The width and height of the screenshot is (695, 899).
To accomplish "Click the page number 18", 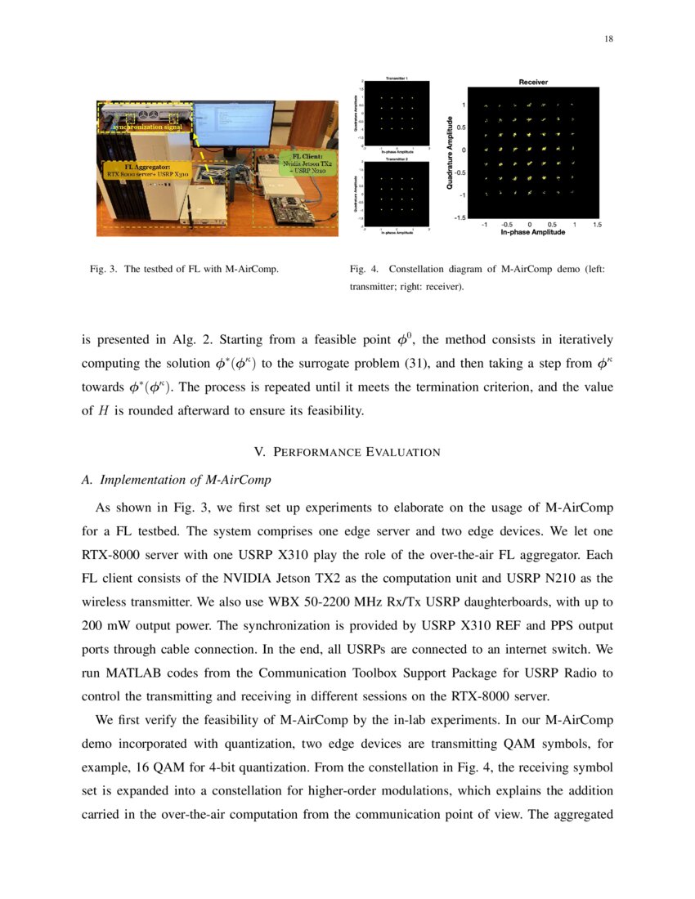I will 608,38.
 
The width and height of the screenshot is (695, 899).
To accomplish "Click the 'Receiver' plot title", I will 533,83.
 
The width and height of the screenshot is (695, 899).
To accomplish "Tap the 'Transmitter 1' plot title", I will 397,78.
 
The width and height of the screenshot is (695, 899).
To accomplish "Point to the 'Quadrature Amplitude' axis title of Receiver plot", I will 450,153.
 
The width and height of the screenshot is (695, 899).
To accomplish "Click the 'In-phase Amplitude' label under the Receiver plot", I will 532,232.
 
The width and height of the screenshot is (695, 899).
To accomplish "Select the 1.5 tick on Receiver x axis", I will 597,224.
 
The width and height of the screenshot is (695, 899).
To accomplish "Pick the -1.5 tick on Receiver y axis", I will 461,217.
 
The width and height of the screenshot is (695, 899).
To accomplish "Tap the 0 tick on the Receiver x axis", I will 530,224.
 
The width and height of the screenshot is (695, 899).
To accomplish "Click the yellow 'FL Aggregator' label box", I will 146,170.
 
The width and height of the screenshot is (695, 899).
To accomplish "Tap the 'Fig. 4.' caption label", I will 364,269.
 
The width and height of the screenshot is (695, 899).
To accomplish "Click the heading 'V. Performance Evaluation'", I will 347,452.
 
